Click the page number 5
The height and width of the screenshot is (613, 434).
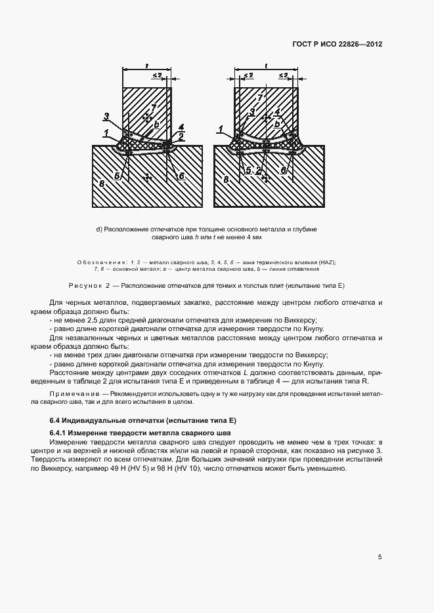point(380,557)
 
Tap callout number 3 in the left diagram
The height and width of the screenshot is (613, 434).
point(106,117)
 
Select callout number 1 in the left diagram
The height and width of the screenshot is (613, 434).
point(106,132)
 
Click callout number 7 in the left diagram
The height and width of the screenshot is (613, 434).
point(154,107)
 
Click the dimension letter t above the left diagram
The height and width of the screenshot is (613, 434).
point(146,66)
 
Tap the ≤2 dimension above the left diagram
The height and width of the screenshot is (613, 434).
point(158,76)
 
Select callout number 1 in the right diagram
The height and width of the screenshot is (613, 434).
point(221,129)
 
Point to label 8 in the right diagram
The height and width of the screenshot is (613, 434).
point(227,178)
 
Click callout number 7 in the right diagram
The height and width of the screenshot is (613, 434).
point(260,98)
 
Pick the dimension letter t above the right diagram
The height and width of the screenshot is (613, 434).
point(265,66)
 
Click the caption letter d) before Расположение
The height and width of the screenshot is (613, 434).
point(98,229)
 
